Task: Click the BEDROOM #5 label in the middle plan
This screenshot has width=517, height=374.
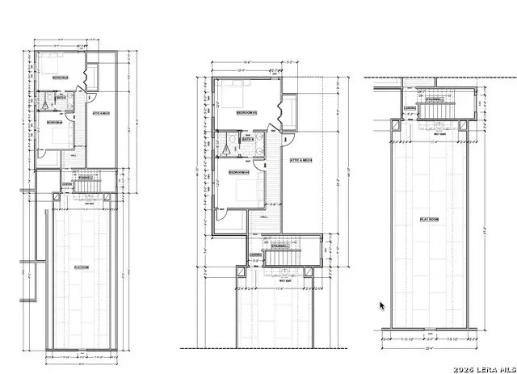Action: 246,113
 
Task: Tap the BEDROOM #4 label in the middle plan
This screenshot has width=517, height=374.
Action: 237,173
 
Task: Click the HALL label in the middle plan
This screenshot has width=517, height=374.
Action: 263,217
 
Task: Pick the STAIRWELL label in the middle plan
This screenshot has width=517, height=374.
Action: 280,246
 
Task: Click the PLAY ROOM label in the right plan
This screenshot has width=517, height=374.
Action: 428,220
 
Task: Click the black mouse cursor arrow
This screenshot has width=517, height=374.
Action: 383,306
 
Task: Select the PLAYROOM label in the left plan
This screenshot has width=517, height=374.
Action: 81,267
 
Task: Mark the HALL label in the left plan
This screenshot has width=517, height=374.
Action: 73,156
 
